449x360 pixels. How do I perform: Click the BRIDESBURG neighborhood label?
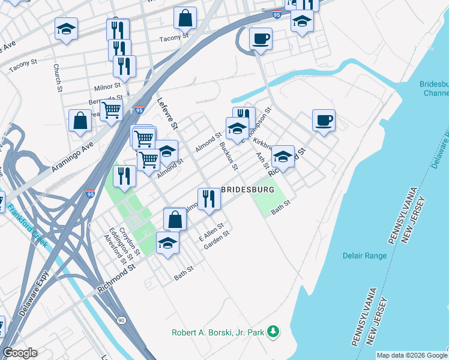[248, 189]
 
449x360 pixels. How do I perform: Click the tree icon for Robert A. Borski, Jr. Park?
[273, 331]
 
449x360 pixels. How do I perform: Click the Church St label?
[58, 78]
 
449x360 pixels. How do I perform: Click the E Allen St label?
[211, 230]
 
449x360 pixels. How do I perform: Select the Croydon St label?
[130, 239]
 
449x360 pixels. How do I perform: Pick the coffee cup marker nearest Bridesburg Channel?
[324, 120]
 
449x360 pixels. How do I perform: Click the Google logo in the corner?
[20, 353]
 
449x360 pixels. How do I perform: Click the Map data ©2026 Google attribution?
[411, 355]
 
